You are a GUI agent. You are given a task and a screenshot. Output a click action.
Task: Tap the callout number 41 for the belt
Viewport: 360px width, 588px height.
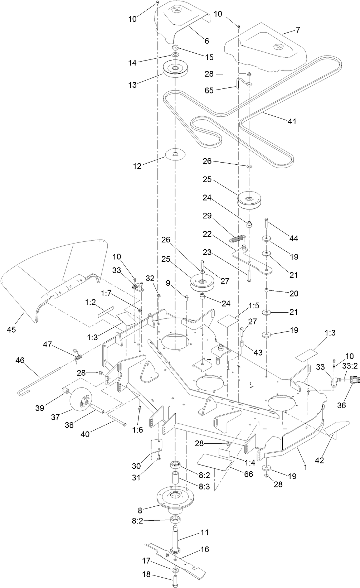pyautogui.click(x=292, y=121)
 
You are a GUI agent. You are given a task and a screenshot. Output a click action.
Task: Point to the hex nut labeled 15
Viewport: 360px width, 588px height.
pyautogui.click(x=175, y=48)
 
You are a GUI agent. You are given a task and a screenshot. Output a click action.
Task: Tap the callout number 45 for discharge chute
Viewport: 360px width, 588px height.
pyautogui.click(x=11, y=329)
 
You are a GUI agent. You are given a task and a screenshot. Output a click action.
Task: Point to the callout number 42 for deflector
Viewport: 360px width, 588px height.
pyautogui.click(x=319, y=460)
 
